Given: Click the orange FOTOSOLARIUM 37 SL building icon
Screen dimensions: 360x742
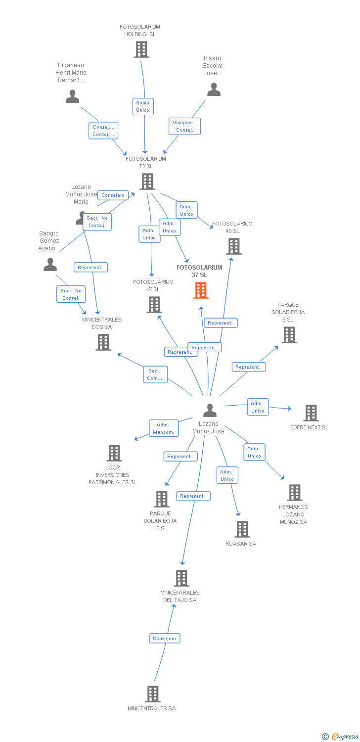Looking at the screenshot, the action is click(200, 290).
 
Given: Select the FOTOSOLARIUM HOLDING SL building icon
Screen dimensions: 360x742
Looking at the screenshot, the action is click(141, 49).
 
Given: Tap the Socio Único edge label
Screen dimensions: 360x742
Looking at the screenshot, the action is click(143, 106).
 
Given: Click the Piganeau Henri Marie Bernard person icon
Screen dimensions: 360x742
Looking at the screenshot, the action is click(73, 96).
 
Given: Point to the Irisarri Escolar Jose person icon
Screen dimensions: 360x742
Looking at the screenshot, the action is click(214, 90).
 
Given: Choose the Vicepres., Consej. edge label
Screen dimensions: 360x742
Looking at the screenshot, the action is click(184, 126).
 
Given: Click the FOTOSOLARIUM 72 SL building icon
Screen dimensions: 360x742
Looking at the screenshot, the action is click(147, 182).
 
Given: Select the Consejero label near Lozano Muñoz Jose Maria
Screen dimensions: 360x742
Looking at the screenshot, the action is click(113, 195).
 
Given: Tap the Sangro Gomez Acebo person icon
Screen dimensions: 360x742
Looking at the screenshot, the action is click(50, 265).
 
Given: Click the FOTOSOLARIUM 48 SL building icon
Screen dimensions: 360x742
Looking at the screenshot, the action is click(233, 246).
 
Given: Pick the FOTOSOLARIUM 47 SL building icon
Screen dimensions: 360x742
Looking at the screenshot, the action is click(154, 304).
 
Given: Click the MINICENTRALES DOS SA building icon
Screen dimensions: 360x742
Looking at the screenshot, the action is click(103, 342).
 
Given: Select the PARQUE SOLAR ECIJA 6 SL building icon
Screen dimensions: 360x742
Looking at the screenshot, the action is click(289, 334).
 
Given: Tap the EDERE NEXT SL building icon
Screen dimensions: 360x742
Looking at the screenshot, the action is click(311, 413).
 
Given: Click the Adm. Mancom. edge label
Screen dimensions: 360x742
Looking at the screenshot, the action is click(163, 428).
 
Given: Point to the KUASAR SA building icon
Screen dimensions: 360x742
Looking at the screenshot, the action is click(242, 529).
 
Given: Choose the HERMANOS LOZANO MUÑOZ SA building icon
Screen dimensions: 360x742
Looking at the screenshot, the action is click(295, 492).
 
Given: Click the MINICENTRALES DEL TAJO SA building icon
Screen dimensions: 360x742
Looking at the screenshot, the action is click(181, 578).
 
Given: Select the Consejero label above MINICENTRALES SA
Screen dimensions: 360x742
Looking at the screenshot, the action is click(165, 638).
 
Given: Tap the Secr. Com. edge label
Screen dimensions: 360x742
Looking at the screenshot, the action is click(155, 374).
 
